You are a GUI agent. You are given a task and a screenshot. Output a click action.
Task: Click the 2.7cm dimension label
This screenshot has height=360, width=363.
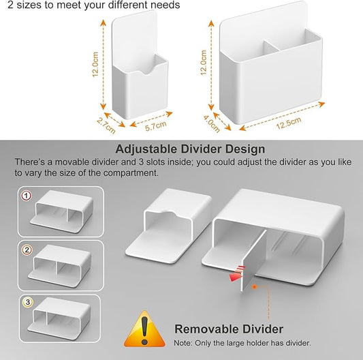pos(106,126)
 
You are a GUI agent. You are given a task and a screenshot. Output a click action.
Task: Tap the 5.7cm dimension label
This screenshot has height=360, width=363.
pos(156,125)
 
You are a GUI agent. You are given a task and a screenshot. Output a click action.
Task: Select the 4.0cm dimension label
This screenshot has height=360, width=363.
pos(212,124)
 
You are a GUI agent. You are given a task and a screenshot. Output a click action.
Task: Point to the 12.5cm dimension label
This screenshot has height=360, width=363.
pos(289,123)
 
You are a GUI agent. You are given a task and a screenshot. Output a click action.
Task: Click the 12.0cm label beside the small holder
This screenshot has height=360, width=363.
pos(95,64)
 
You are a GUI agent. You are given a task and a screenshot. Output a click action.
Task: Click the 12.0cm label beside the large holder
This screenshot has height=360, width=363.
pos(203,63)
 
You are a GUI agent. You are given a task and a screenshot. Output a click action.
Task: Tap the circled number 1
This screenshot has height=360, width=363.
pos(26,196)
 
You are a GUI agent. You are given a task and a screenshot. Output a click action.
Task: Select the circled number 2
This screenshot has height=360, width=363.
pos(27,250)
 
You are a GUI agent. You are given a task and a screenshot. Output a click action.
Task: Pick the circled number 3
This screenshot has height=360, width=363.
pos(28,302)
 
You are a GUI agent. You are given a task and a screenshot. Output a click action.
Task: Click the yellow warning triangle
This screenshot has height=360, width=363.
pos(144,329)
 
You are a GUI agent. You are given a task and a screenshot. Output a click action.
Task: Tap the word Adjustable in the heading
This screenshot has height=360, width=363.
pos(146,149)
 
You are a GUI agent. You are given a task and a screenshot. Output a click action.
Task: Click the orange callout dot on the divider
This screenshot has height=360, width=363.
pos(255,287)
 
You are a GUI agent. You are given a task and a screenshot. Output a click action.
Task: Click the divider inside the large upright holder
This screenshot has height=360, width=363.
pos(271,46)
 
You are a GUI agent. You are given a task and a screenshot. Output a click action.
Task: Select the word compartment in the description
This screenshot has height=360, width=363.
pos(131,173)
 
